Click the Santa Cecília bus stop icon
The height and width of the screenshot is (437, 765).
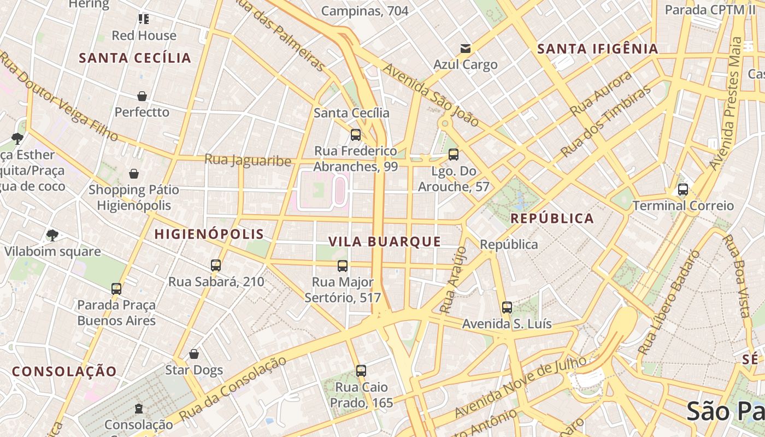point(356,134)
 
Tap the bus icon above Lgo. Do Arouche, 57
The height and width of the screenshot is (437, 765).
point(453,155)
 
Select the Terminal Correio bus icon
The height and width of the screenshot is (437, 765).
point(682,190)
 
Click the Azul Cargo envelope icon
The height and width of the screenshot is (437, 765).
point(465,49)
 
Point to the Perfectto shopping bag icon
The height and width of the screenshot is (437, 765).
point(142,96)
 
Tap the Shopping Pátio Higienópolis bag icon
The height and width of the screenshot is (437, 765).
point(134,174)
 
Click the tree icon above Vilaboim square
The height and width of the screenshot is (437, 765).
point(52,235)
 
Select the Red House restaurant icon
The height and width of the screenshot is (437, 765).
point(144,20)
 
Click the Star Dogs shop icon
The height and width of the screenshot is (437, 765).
point(193,354)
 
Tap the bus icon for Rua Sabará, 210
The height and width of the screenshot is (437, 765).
point(216,265)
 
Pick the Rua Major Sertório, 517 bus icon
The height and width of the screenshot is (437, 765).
point(343,266)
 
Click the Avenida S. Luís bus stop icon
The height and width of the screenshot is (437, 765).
point(507,308)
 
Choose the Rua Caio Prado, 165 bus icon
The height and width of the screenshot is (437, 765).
point(361,371)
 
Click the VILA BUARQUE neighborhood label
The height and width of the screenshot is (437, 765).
point(385,241)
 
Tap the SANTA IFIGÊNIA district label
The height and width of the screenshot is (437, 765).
point(598,49)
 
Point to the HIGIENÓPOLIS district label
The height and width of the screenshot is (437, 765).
point(209,234)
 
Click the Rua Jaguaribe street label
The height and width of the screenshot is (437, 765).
point(248,160)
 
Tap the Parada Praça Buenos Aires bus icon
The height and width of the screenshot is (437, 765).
point(116,288)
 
